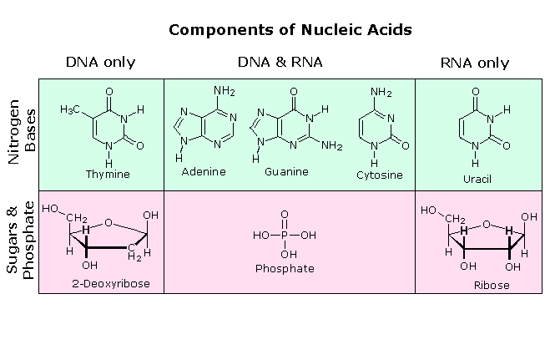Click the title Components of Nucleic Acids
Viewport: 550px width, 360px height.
tap(290, 30)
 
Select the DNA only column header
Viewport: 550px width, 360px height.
tap(100, 63)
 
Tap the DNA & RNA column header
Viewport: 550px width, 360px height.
tap(280, 63)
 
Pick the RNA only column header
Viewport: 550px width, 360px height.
tap(474, 63)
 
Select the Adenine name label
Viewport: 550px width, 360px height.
tap(204, 171)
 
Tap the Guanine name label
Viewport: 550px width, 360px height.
tap(286, 171)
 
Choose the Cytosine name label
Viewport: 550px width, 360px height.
tap(380, 175)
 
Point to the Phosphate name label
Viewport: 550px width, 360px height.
tap(285, 268)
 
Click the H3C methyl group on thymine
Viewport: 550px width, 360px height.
tap(71, 109)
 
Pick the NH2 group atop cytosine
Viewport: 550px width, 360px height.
tap(381, 92)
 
